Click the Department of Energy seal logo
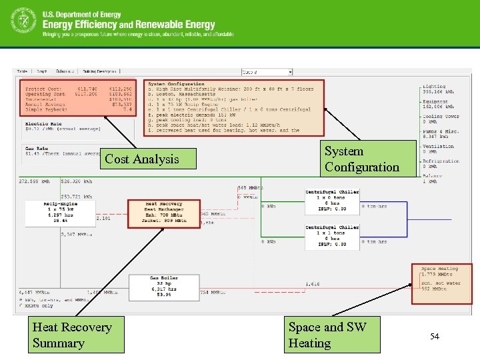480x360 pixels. tap(23, 21)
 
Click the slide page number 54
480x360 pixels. tap(435, 337)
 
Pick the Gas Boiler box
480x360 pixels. tap(163, 286)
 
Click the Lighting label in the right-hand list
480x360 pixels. tap(433, 86)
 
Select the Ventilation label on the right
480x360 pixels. tap(438, 146)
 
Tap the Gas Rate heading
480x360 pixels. tap(37, 148)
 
